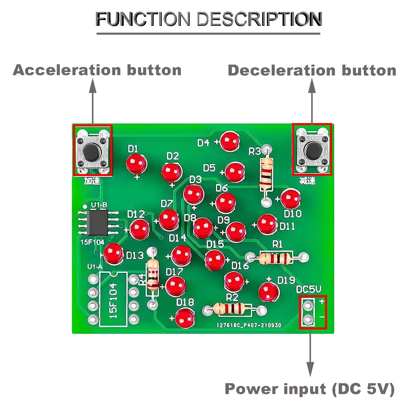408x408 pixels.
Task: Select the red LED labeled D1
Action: tap(136, 164)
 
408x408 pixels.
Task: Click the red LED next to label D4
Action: tap(230, 141)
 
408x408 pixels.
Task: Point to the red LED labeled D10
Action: tap(290, 199)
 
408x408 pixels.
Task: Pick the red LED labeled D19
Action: tap(269, 292)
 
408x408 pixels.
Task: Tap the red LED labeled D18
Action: tap(185, 319)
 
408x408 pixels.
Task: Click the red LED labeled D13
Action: tap(114, 254)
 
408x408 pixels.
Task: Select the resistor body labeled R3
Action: tap(266, 175)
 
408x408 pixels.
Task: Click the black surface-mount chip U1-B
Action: tap(98, 223)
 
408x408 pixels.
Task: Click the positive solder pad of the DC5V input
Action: tap(308, 305)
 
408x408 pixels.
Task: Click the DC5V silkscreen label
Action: tap(308, 289)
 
